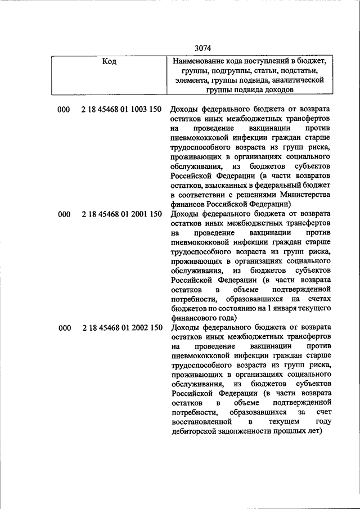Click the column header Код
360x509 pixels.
point(109,61)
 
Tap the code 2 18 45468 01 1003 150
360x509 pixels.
point(122,109)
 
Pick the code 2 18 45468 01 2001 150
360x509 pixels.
point(122,214)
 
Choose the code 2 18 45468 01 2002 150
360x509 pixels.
point(122,328)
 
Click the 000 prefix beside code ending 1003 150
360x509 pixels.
point(64,109)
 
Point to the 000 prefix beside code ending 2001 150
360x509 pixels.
point(64,214)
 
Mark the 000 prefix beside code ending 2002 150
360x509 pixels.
point(64,328)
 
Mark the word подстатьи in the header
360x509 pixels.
point(295,71)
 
